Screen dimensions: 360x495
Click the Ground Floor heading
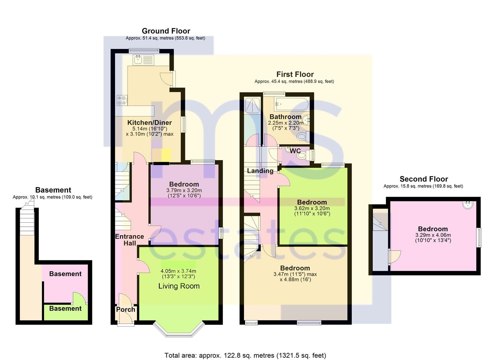[166, 31]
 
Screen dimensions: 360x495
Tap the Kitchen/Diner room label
[149, 123]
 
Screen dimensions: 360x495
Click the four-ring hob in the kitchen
[122, 100]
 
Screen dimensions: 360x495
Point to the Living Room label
[179, 286]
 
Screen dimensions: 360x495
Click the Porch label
[125, 309]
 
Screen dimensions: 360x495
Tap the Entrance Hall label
[129, 240]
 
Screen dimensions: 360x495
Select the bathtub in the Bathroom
[291, 104]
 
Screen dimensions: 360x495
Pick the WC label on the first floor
[295, 151]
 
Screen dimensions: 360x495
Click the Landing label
[260, 171]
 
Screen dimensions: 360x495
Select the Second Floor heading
[424, 179]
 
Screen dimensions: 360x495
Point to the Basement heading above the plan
[53, 190]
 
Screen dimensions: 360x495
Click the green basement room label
[65, 308]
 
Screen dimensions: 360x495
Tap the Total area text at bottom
[245, 355]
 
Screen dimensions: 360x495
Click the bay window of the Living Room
[179, 330]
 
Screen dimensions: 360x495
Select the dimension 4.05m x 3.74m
[178, 271]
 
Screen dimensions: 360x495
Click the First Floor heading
[295, 74]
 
